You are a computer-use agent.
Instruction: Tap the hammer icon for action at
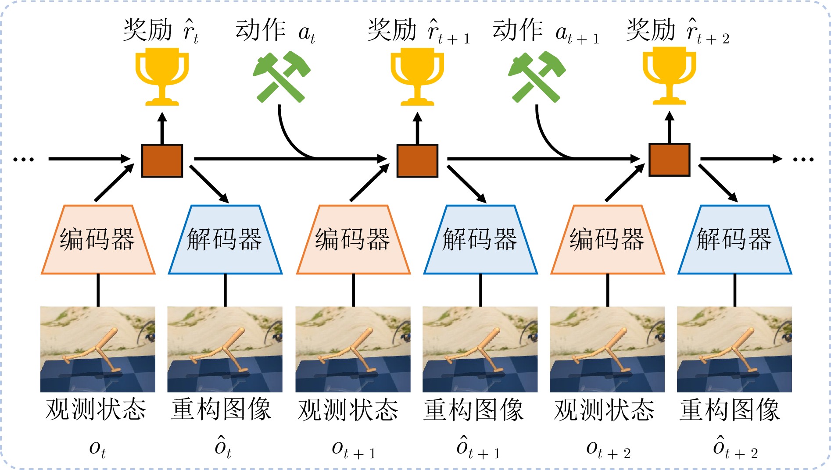tap(281, 77)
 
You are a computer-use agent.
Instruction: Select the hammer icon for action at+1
tap(537, 77)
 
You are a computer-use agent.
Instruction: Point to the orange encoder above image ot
tap(98, 240)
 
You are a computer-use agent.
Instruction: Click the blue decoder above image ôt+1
tap(480, 240)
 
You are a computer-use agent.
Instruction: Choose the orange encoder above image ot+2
tap(608, 240)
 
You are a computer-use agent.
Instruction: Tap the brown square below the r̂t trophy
tap(162, 160)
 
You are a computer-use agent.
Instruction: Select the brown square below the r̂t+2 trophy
tap(669, 160)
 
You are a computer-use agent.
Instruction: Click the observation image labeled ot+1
tap(353, 349)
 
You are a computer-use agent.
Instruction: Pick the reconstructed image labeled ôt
tap(225, 349)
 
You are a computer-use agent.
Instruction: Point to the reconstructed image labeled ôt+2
tap(734, 349)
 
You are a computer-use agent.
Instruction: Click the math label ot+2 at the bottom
tap(608, 449)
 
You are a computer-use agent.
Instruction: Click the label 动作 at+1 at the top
tap(545, 32)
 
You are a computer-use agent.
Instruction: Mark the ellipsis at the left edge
tap(23, 159)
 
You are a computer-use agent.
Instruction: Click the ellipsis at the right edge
tap(803, 159)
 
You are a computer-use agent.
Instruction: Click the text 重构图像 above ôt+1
tap(473, 410)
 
